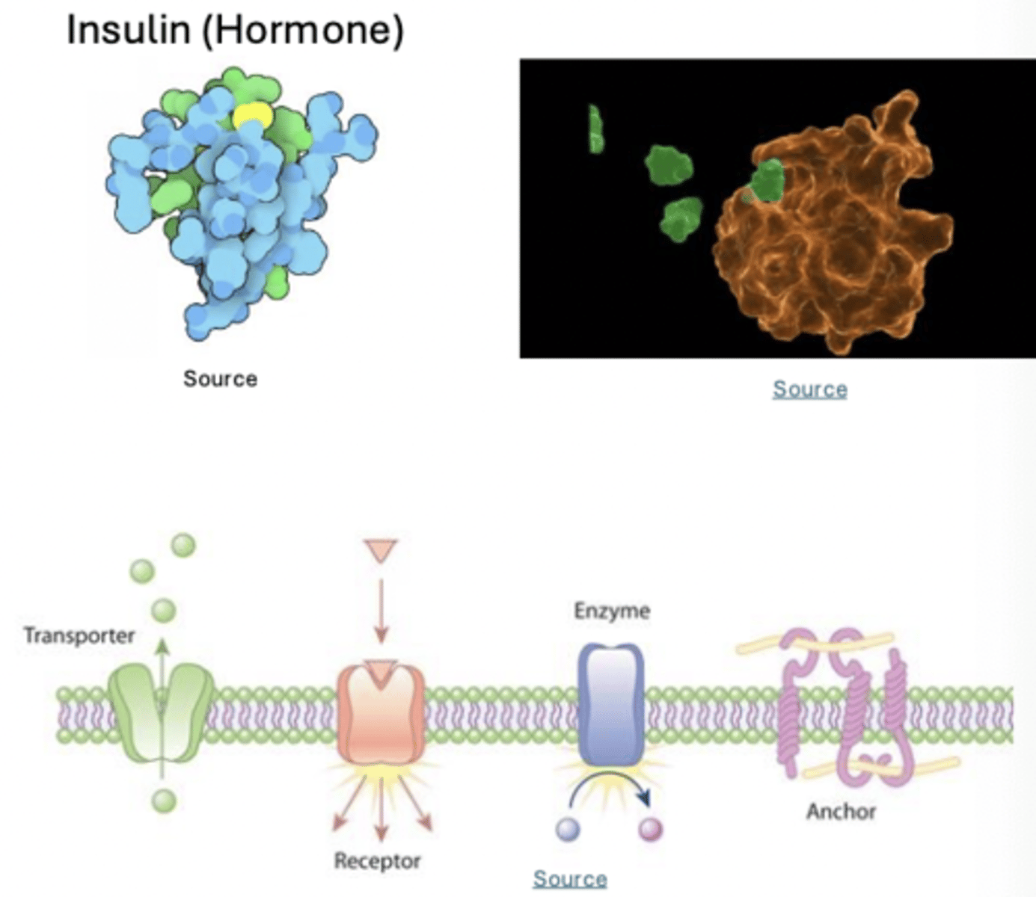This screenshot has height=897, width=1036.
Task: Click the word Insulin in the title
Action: tap(128, 31)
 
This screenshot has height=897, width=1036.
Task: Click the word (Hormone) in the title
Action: tap(302, 31)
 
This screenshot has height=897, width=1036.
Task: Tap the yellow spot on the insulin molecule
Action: tap(251, 117)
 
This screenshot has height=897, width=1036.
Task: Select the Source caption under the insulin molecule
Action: tap(220, 379)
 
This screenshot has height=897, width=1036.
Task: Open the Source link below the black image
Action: tap(809, 389)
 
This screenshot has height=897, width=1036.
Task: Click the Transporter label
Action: tap(79, 636)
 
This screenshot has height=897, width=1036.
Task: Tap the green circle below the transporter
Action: tap(164, 801)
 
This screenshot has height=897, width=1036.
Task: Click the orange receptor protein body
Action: tap(381, 718)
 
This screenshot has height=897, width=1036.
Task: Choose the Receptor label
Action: tap(377, 861)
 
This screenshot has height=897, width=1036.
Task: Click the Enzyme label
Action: tap(612, 611)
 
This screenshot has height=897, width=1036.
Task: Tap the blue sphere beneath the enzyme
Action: tap(568, 829)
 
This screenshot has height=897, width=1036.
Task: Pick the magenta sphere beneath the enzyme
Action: tap(651, 829)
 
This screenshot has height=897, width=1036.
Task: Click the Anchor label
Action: tap(841, 812)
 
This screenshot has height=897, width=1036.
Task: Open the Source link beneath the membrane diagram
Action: tap(569, 879)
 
